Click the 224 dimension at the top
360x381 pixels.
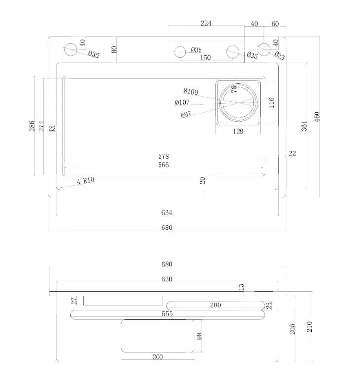206,23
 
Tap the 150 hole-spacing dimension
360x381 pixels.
205,58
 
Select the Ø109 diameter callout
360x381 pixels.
191,92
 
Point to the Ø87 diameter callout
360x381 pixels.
186,114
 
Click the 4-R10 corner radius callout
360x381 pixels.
85,181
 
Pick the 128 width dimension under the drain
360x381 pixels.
238,131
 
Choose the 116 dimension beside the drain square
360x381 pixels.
271,103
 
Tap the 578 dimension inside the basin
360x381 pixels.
163,156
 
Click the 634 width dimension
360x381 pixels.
167,213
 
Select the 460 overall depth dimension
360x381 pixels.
317,117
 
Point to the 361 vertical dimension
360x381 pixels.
304,126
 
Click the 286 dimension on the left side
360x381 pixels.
32,126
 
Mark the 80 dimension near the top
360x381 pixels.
114,49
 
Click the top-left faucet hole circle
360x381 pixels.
71,49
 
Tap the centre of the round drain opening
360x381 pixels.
238,103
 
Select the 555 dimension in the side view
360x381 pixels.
167,314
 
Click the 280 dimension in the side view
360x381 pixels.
216,305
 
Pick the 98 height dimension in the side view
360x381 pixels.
199,336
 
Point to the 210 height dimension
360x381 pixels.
309,327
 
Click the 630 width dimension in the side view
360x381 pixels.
167,279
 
